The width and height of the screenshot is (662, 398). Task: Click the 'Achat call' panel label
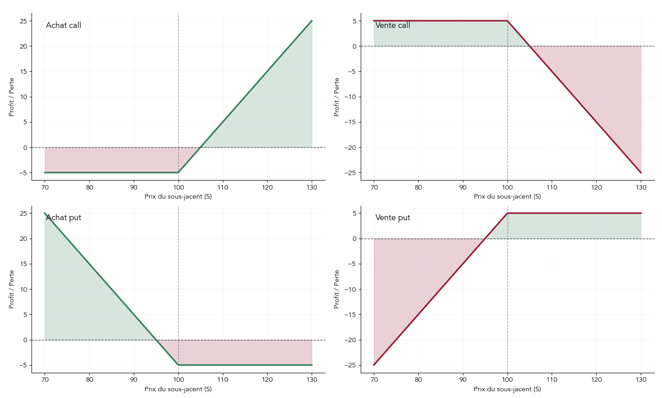pyautogui.click(x=63, y=25)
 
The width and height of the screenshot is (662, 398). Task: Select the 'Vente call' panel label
pyautogui.click(x=393, y=25)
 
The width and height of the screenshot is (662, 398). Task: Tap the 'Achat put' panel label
pyautogui.click(x=63, y=217)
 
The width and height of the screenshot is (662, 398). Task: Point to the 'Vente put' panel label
pyautogui.click(x=393, y=217)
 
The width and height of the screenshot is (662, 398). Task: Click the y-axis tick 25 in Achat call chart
pyautogui.click(x=23, y=21)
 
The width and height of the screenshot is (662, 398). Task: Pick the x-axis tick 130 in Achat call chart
pyautogui.click(x=312, y=187)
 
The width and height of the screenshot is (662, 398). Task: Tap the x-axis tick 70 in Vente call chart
pyautogui.click(x=374, y=187)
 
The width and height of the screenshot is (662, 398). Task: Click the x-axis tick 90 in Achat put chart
pyautogui.click(x=134, y=380)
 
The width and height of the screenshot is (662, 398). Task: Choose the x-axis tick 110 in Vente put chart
pyautogui.click(x=552, y=380)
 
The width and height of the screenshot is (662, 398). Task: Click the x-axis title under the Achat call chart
pyautogui.click(x=178, y=196)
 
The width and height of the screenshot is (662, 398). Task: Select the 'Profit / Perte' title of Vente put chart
pyautogui.click(x=336, y=289)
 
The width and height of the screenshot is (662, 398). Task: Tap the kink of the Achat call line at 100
pyautogui.click(x=178, y=172)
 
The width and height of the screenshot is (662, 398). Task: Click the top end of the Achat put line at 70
pyautogui.click(x=45, y=213)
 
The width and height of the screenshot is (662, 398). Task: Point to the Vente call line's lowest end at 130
pyautogui.click(x=641, y=172)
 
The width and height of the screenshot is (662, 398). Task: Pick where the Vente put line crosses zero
pyautogui.click(x=485, y=239)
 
